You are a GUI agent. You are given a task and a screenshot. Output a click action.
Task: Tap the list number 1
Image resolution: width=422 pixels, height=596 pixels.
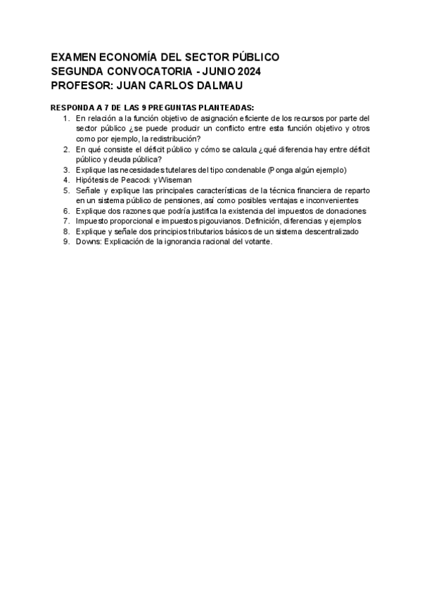pos(66,118)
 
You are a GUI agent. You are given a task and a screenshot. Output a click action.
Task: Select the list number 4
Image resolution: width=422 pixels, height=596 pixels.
pos(66,180)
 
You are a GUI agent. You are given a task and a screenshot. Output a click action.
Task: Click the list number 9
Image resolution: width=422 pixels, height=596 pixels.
pos(66,242)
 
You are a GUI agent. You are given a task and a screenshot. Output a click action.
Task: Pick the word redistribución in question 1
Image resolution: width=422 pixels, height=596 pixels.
pos(172,139)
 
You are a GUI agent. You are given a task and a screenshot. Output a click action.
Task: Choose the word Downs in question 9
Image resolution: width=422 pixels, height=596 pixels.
pos(88,242)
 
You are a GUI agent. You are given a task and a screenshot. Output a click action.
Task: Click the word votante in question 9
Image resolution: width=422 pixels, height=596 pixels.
pos(256,242)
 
